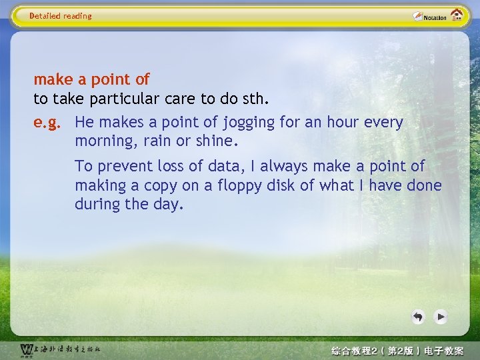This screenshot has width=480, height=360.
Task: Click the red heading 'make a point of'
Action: pyautogui.click(x=91, y=80)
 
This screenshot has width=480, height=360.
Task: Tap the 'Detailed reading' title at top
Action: pyautogui.click(x=61, y=16)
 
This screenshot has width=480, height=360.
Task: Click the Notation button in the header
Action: pyautogui.click(x=429, y=17)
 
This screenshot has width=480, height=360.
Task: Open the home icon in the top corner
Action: pyautogui.click(x=457, y=15)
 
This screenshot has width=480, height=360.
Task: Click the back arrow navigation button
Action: pyautogui.click(x=418, y=317)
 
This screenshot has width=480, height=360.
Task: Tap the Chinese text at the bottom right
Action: pyautogui.click(x=397, y=351)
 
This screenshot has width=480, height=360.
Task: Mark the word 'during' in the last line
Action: pyautogui.click(x=95, y=205)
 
